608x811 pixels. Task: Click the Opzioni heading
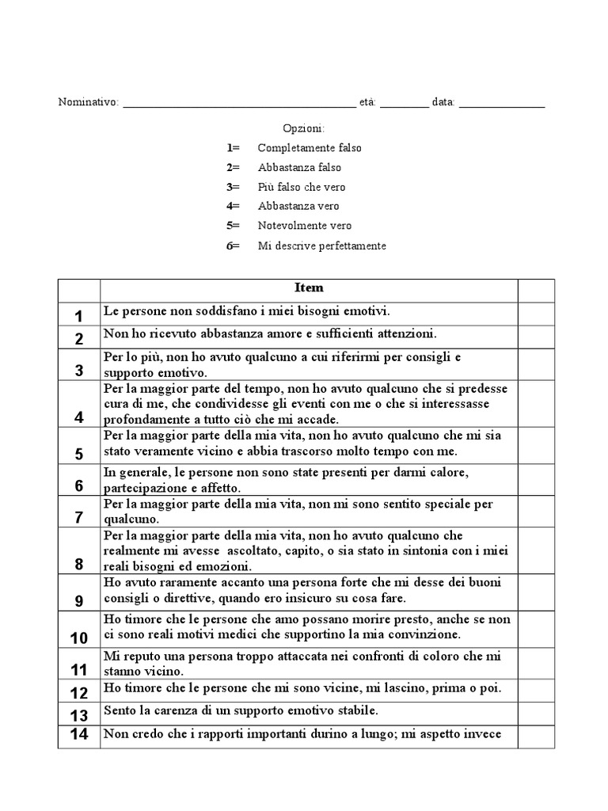[304, 128]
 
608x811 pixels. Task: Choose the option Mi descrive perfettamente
[322, 246]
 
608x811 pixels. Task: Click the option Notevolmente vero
[305, 226]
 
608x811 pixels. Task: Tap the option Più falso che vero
[302, 187]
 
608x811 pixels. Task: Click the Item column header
[309, 288]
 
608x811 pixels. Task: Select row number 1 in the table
[79, 316]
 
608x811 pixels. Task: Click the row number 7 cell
[79, 518]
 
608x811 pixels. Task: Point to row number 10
[79, 638]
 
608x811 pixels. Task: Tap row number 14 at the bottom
[79, 734]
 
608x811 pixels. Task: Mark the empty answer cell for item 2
[536, 336]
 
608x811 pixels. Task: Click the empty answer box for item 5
[536, 445]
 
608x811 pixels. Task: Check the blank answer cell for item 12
[536, 690]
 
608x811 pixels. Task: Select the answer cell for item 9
[536, 592]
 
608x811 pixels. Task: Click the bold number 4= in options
[233, 207]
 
